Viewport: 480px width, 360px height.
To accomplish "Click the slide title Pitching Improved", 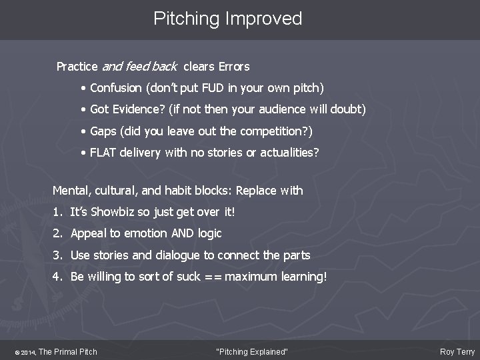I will tap(227, 19).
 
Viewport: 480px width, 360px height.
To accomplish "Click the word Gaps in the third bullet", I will tap(103, 131).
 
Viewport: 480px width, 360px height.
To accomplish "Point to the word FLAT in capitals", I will tap(103, 153).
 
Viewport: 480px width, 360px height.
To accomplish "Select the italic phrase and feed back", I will tap(139, 66).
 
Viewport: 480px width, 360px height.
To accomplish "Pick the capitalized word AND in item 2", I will tap(171, 233).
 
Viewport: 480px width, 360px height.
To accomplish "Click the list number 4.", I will tap(57, 277).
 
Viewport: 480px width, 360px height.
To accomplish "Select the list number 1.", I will tap(57, 211).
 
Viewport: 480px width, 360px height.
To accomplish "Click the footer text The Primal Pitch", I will tap(69, 351).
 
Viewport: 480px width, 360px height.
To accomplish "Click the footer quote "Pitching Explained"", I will tap(253, 351).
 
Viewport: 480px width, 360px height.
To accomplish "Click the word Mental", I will tap(70, 190).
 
